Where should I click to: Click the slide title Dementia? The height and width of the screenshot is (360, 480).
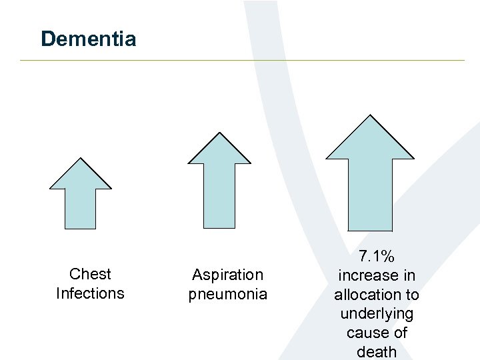click(x=88, y=39)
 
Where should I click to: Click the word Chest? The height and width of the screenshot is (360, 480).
click(x=90, y=274)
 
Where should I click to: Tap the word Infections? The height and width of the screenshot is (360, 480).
click(x=90, y=293)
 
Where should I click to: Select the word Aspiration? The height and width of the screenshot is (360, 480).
click(x=228, y=275)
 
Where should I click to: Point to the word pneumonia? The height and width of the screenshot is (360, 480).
click(x=228, y=294)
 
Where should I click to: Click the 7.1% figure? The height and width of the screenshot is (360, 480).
click(x=377, y=255)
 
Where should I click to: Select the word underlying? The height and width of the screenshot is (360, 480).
click(x=377, y=313)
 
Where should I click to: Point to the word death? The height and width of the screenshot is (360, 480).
click(x=377, y=352)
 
